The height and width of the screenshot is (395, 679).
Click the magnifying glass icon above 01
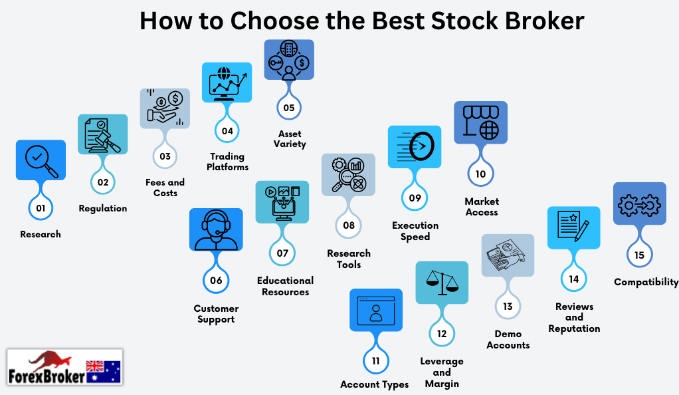(x=41, y=160)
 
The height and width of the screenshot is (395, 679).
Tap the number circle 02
(x=102, y=182)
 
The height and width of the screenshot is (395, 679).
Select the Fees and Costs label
(x=165, y=188)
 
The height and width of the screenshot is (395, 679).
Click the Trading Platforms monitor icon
(x=227, y=82)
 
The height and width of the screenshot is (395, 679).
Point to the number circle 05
(x=289, y=108)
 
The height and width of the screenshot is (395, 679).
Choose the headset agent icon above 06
(x=216, y=229)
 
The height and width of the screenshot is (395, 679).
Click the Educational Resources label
(x=286, y=286)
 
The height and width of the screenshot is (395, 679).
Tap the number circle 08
(x=349, y=225)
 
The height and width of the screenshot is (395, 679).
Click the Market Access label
(x=482, y=207)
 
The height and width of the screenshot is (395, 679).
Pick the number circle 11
(x=375, y=360)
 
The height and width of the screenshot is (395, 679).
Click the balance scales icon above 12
(x=442, y=283)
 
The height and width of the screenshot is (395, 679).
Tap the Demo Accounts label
(x=508, y=340)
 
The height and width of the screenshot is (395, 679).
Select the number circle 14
(x=574, y=279)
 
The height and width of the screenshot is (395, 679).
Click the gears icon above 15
(x=640, y=203)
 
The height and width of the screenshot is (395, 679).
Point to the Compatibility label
(x=646, y=282)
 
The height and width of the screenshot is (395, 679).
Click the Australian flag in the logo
(x=103, y=372)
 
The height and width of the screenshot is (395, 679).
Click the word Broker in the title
(x=545, y=21)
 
